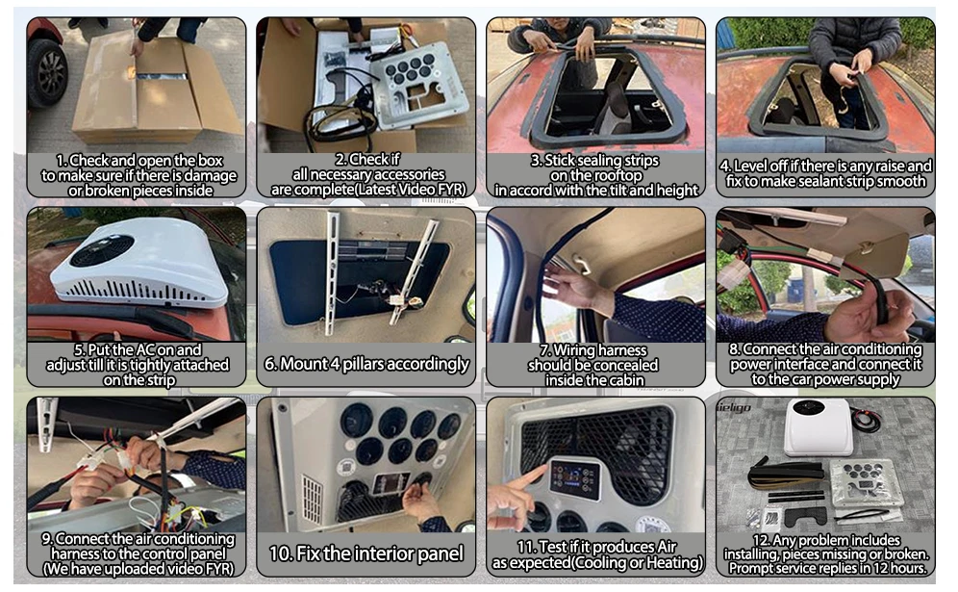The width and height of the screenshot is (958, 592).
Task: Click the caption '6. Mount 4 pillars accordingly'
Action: click(x=366, y=364)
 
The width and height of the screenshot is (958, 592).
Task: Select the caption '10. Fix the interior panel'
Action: click(x=366, y=553)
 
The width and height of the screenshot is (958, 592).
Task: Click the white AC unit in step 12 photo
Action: click(x=818, y=426)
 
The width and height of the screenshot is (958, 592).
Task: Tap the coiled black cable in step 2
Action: click(x=343, y=122)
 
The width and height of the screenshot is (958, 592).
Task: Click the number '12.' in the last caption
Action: click(x=761, y=540)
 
